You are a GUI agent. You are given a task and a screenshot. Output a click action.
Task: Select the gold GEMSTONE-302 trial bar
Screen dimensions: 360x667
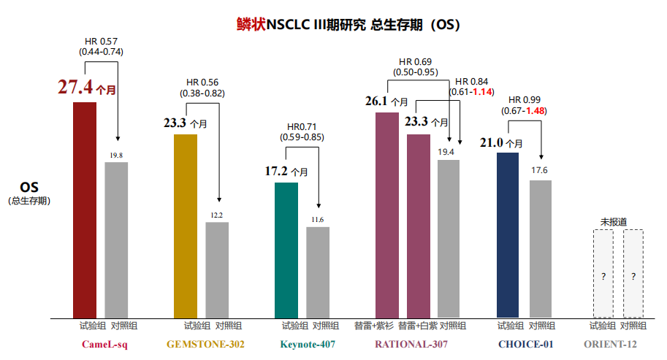186,226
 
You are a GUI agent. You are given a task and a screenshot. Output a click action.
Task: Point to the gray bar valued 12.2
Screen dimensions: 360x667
217,269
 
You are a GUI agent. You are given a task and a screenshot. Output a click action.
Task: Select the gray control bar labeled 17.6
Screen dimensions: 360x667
540,248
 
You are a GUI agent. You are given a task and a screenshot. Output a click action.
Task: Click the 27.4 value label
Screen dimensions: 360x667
75,88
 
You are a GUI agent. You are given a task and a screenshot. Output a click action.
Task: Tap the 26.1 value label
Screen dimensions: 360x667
378,102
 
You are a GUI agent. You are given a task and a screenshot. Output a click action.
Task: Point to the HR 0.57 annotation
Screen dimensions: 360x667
101,40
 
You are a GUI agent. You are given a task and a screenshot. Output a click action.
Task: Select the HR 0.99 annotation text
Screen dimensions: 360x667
524,99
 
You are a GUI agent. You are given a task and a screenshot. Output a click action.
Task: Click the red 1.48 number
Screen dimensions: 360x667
535,111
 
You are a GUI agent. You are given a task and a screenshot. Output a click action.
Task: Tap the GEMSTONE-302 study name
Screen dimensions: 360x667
205,344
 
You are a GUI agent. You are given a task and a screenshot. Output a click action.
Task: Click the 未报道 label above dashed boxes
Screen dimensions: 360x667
614,221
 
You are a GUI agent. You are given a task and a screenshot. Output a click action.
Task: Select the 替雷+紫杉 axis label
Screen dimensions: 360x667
373,326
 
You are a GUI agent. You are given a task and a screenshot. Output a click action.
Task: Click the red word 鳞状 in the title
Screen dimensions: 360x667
251,25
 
